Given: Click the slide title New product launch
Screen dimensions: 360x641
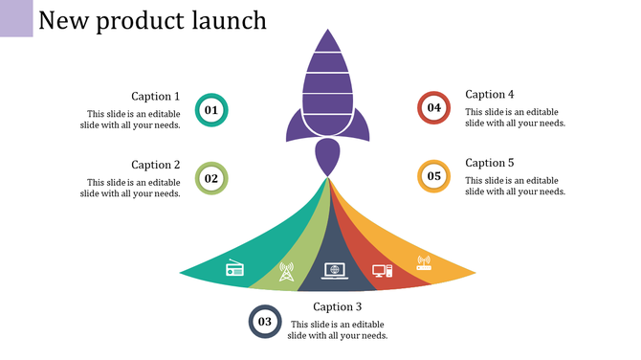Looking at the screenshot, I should pyautogui.click(x=153, y=20).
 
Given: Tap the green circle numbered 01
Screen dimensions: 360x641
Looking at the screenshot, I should pyautogui.click(x=211, y=110).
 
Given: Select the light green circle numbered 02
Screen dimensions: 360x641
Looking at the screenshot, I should pyautogui.click(x=211, y=178).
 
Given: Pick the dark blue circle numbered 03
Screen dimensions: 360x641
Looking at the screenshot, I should pyautogui.click(x=265, y=322).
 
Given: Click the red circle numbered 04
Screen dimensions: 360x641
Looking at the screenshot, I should pyautogui.click(x=434, y=107).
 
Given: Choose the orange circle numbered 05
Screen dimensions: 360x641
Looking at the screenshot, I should pyautogui.click(x=434, y=176).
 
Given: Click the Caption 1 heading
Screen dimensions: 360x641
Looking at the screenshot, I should pyautogui.click(x=155, y=96).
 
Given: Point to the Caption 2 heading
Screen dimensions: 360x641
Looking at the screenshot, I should pyautogui.click(x=155, y=165).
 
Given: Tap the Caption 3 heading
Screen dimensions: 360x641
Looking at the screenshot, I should pyautogui.click(x=338, y=307).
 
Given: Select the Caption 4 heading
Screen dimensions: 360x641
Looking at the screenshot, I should pyautogui.click(x=490, y=94).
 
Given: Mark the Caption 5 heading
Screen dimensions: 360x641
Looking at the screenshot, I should pyautogui.click(x=490, y=163).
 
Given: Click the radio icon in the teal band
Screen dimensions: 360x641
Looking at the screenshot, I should pyautogui.click(x=235, y=268).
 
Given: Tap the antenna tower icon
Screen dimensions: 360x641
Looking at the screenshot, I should pyautogui.click(x=285, y=272).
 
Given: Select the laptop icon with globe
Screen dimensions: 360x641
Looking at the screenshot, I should pyautogui.click(x=334, y=271).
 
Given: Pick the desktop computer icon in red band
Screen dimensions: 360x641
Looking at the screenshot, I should pyautogui.click(x=382, y=271).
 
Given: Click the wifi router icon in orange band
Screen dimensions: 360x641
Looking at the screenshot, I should pyautogui.click(x=424, y=261).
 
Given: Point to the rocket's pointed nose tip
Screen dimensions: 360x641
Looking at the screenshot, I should pyautogui.click(x=328, y=32).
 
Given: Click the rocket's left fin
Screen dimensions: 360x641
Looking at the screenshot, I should pyautogui.click(x=293, y=124).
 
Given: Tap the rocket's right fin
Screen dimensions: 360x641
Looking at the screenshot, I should pyautogui.click(x=363, y=124).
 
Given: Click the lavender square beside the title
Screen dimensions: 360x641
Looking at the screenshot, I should pyautogui.click(x=16, y=18).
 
